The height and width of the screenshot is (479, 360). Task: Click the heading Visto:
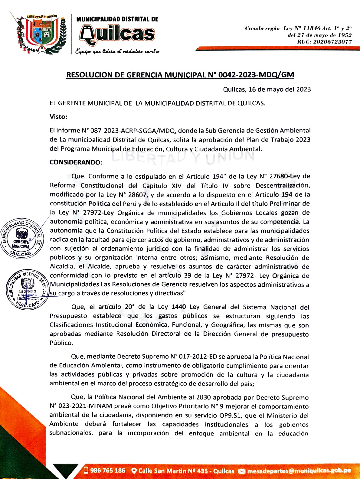tap(58, 116)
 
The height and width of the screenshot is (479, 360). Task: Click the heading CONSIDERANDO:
tap(76, 162)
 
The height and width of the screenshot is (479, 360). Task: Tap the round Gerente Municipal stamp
tap(21, 238)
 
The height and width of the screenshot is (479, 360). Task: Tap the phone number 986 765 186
tap(107, 471)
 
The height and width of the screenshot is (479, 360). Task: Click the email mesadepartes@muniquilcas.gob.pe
tap(299, 471)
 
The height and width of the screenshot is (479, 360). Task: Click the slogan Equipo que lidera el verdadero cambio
tap(117, 51)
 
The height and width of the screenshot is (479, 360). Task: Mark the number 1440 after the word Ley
tap(178, 307)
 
